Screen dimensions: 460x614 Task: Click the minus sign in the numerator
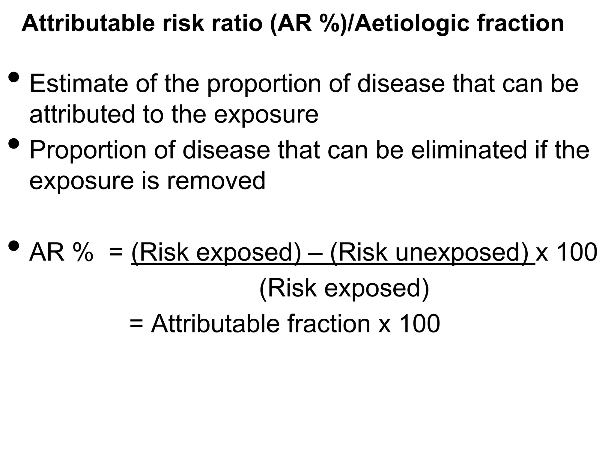pyautogui.click(x=315, y=253)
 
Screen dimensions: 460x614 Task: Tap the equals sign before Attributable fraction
pyautogui.click(x=136, y=324)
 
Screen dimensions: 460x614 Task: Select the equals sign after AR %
pyautogui.click(x=116, y=253)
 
